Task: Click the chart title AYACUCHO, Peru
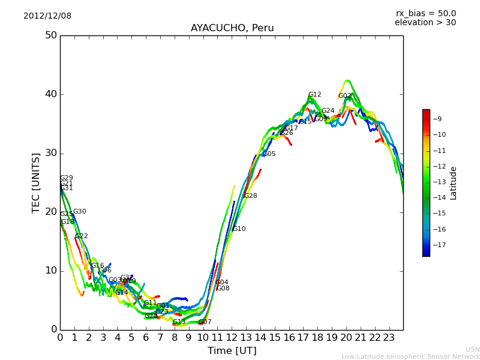232,28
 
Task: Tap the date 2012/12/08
47,16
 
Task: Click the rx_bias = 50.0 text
425,14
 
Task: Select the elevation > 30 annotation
425,23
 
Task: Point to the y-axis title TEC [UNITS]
36,182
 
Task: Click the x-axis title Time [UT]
232,351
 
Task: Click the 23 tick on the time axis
389,337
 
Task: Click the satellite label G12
314,95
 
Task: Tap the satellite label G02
344,96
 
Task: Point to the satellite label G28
250,196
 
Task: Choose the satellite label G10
239,229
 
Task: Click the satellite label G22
82,236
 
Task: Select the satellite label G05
269,154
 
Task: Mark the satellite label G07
205,322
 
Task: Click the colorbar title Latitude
454,183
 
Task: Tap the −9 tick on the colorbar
438,119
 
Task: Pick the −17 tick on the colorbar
439,245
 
